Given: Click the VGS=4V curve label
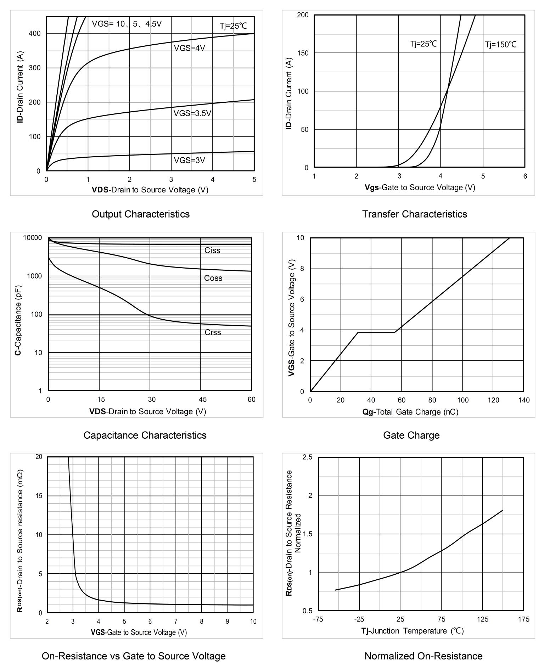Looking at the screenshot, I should (x=189, y=48).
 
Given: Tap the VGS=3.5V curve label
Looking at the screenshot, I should (x=192, y=113).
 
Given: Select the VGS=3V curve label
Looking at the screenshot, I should (x=189, y=160).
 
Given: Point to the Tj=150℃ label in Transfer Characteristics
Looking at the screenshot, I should (x=500, y=45).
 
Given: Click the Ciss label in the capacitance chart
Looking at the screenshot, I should (x=212, y=251).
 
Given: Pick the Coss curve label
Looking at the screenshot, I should (x=213, y=278).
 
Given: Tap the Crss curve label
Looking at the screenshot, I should (x=213, y=332).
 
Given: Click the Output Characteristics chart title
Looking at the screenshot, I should (x=141, y=214).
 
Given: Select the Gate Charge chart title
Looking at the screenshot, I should (x=411, y=435).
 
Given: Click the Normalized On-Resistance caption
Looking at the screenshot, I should (x=423, y=656).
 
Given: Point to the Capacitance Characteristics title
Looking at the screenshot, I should (x=145, y=435).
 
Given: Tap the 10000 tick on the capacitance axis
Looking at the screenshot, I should (x=32, y=238).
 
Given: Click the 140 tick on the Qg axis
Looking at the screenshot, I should (x=523, y=400).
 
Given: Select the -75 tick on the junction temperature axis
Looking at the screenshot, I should (x=318, y=619).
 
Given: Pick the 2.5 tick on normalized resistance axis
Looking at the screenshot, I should (x=308, y=457).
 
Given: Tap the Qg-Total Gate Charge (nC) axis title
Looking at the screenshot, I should (x=410, y=412).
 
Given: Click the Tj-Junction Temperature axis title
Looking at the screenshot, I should (x=413, y=631).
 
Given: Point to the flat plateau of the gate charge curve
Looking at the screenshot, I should (x=376, y=332).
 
